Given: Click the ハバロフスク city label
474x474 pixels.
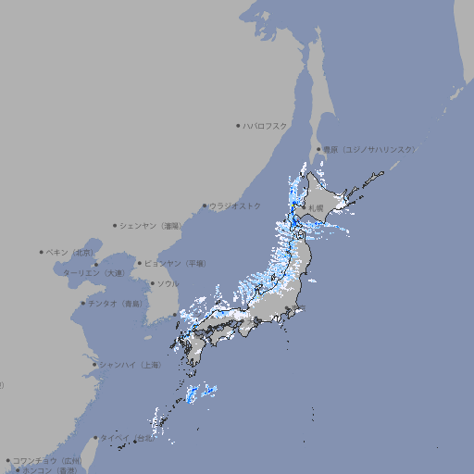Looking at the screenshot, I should pyautogui.click(x=266, y=125).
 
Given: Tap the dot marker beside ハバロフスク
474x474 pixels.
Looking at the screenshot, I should pyautogui.click(x=238, y=125).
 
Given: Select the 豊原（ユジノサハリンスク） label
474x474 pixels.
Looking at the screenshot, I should pyautogui.click(x=368, y=149).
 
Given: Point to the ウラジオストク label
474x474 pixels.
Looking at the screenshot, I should pyautogui.click(x=236, y=206).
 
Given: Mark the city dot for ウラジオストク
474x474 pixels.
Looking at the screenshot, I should pyautogui.click(x=205, y=206).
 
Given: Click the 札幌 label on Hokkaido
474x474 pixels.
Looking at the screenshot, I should pyautogui.click(x=317, y=208).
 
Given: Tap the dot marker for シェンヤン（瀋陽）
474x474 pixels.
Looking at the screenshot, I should pyautogui.click(x=116, y=225).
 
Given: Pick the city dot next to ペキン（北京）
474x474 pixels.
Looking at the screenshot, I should pyautogui.click(x=42, y=252).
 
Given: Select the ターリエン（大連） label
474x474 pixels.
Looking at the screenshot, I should pyautogui.click(x=94, y=273).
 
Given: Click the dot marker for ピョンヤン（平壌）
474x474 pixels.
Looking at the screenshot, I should pyautogui.click(x=140, y=263).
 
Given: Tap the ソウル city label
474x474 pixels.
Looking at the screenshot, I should pyautogui.click(x=168, y=283).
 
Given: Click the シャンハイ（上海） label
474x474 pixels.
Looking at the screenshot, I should pyautogui.click(x=131, y=365).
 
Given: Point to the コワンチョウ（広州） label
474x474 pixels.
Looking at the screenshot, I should pyautogui.click(x=47, y=460).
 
